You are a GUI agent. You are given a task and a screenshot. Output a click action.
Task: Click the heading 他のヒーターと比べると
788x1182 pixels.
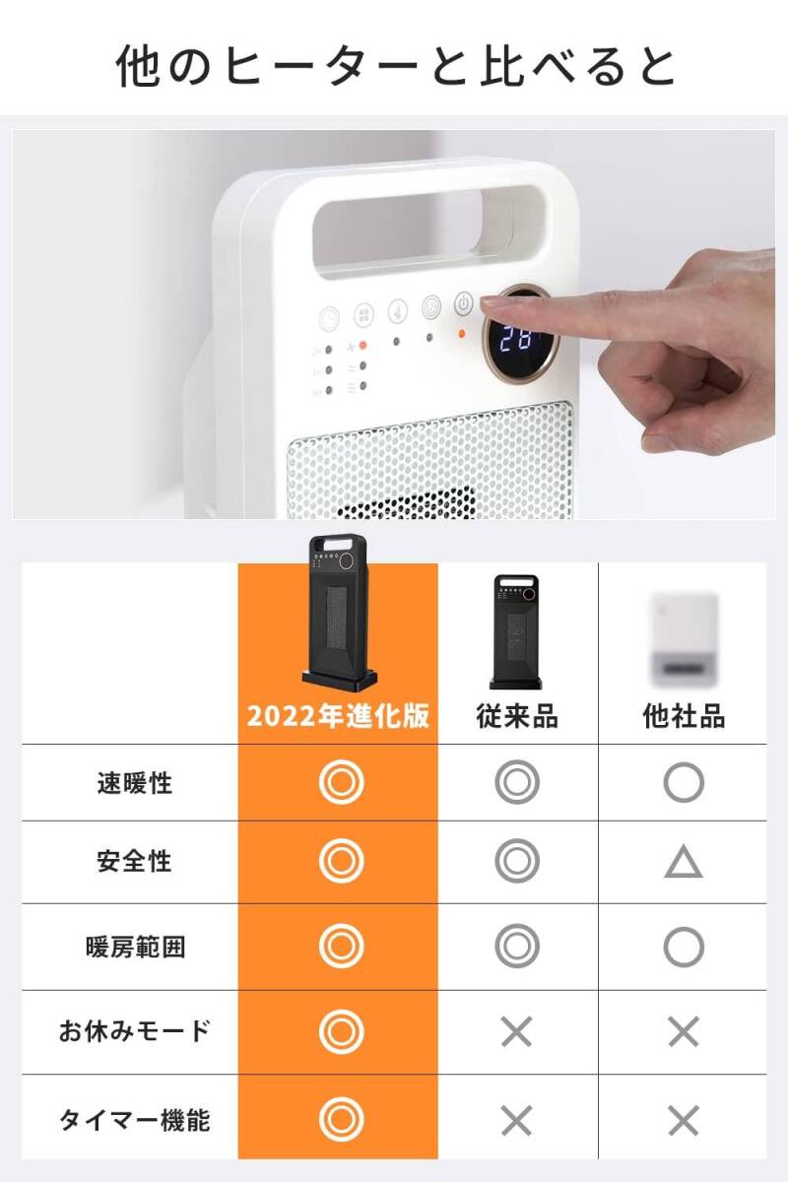[394, 66]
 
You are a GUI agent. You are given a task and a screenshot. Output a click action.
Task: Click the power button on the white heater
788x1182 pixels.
[464, 304]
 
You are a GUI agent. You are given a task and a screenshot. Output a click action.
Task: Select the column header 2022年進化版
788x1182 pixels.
[338, 716]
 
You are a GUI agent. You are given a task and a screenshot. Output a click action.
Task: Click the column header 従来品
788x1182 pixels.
[517, 716]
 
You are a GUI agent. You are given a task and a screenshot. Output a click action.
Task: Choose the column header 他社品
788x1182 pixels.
[684, 716]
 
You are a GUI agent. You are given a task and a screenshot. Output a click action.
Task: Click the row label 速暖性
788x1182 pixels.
[134, 783]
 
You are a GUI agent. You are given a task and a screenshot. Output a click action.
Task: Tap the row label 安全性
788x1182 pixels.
[134, 862]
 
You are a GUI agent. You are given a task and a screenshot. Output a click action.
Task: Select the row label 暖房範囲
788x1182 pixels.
[134, 948]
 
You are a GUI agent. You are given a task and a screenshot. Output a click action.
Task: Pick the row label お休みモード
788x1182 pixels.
[134, 1031]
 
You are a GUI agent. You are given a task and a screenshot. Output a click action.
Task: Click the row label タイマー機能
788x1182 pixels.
[134, 1120]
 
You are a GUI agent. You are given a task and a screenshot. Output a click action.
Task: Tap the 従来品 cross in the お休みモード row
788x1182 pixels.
[516, 1032]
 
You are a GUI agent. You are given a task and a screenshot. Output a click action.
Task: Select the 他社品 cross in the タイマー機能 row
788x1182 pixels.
[684, 1120]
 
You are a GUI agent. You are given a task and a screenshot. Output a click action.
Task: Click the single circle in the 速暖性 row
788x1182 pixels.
[684, 783]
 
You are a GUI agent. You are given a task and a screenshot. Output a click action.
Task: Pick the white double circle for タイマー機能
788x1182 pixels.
[342, 1120]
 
